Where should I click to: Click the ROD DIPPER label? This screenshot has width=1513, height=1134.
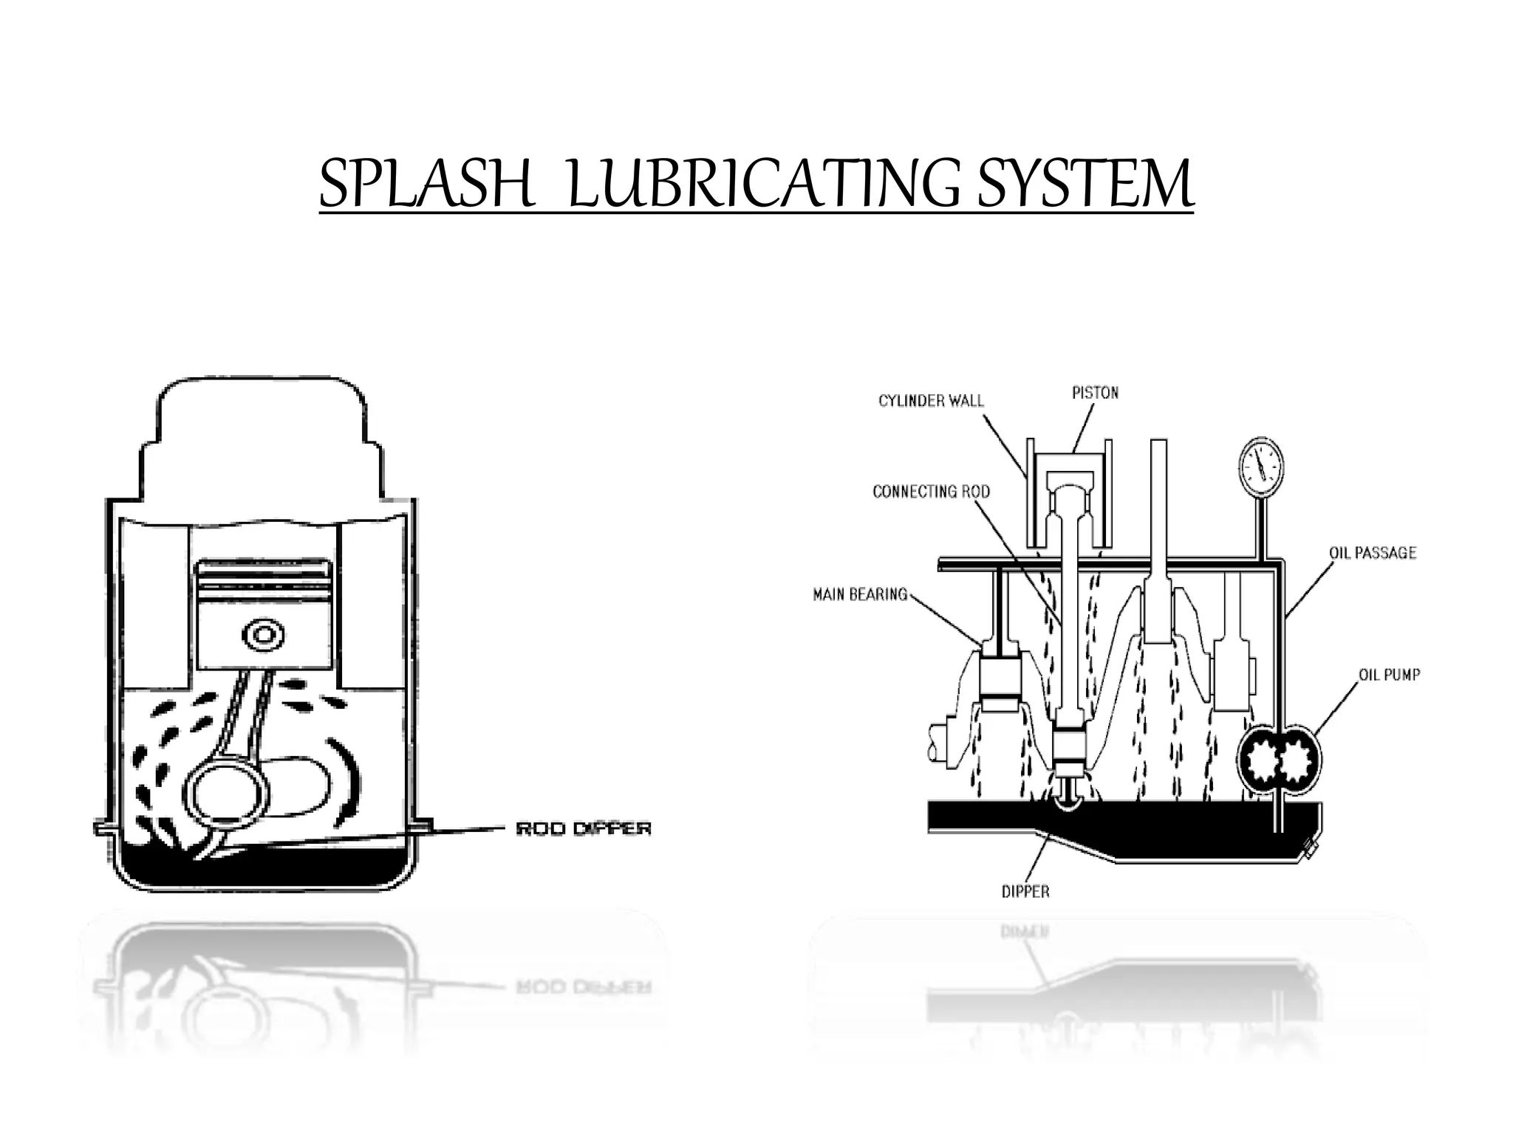pyautogui.click(x=583, y=829)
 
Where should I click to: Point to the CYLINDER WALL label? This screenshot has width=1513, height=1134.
pyautogui.click(x=931, y=401)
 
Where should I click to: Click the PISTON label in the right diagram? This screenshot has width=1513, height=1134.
pyautogui.click(x=1095, y=393)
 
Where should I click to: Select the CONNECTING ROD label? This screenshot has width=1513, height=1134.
pyautogui.click(x=931, y=492)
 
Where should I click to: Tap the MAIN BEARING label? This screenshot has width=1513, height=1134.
pyautogui.click(x=860, y=594)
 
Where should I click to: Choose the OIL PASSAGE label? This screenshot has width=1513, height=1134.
pyautogui.click(x=1373, y=553)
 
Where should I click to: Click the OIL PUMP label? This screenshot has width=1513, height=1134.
pyautogui.click(x=1389, y=675)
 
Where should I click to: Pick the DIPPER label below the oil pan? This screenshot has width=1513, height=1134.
pyautogui.click(x=1025, y=892)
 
